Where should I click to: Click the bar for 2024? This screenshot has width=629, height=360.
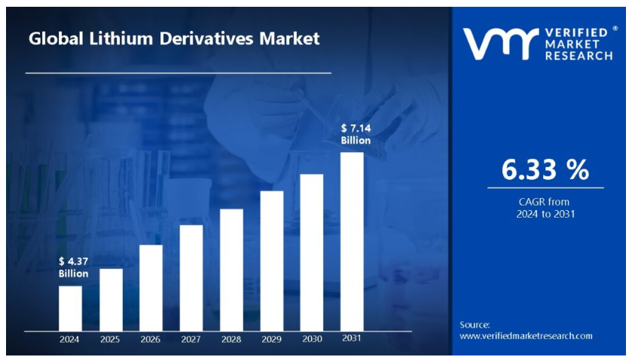coord(70,308)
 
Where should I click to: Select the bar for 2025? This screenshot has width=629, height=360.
coord(111,300)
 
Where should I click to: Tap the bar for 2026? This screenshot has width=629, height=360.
coord(151,288)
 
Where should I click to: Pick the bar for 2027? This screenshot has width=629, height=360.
coord(191,278)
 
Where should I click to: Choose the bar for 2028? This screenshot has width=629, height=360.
coord(231,270)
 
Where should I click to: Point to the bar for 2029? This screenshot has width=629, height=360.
coord(272,261)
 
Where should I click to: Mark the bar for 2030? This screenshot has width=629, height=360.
coord(312,252)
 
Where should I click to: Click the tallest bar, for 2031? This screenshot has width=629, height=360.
coord(352,241)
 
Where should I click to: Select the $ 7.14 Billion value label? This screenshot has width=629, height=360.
coord(356,135)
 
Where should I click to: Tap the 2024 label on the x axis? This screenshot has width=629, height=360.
coord(70,339)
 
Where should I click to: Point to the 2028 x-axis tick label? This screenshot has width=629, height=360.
coord(231,339)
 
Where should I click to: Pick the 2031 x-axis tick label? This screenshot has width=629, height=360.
coord(351,338)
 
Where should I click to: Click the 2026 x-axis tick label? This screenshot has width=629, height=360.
coord(151,339)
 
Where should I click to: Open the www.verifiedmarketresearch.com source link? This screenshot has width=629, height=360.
coord(526,336)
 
